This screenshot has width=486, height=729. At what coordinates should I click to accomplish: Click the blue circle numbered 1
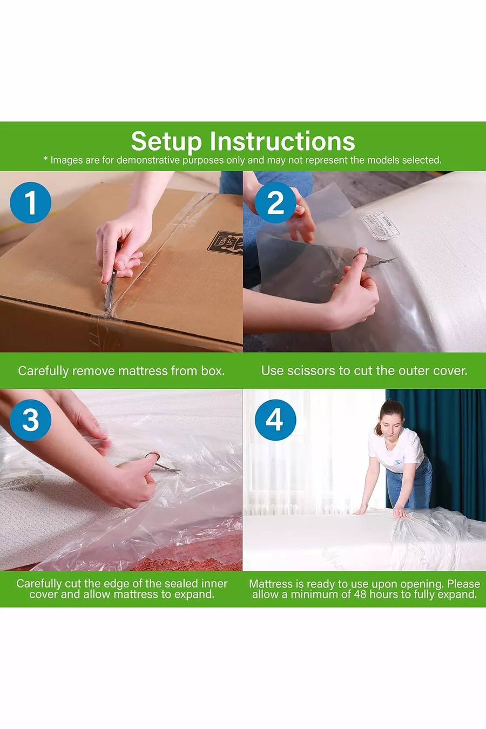click(31, 202)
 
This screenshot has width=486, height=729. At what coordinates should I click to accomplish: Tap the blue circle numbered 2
click(275, 202)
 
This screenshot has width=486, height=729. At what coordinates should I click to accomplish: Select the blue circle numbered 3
click(31, 420)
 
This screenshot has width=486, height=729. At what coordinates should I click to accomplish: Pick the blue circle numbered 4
click(275, 420)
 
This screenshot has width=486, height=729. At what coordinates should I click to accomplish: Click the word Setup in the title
click(166, 142)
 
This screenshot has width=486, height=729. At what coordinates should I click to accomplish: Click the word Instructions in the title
click(282, 141)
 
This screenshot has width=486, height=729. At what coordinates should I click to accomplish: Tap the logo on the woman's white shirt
click(397, 462)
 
